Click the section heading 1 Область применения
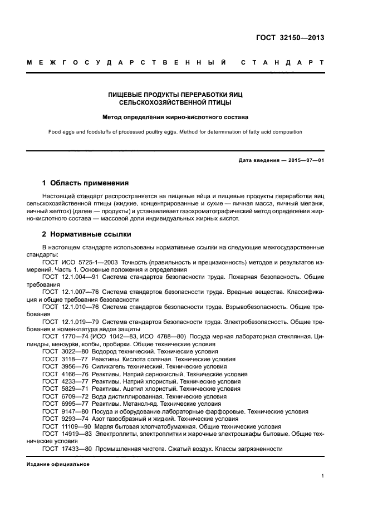pos(85,183)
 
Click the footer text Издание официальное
pos(58,464)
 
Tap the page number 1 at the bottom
pos(322,476)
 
